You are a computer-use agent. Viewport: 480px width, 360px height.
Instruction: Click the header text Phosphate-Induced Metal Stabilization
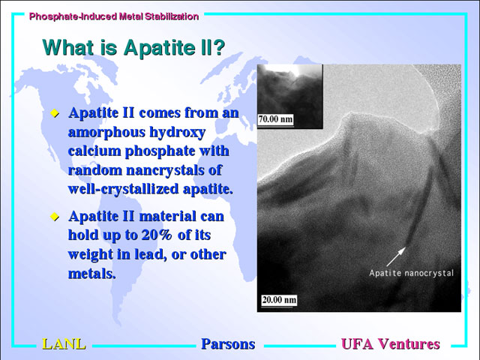point(114,16)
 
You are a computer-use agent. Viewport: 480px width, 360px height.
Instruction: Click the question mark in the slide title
point(218,47)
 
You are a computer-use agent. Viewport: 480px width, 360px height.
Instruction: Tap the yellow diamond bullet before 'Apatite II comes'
point(55,113)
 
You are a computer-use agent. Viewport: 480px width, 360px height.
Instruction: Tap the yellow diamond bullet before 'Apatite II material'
point(55,217)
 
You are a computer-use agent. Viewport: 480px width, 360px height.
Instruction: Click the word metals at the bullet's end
point(91,273)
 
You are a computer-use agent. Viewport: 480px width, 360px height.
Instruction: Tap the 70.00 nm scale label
point(275,118)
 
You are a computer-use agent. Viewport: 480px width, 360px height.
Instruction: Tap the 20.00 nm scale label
point(279,299)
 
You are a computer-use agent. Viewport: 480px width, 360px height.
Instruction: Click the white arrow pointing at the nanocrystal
point(396,256)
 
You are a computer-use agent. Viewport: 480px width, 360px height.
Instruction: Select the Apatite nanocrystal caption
point(411,273)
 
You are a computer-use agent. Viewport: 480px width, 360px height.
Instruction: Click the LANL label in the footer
point(64,344)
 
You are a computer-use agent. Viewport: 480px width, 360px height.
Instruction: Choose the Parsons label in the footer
point(228,344)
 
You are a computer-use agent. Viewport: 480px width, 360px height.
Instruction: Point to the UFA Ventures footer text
point(391,344)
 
